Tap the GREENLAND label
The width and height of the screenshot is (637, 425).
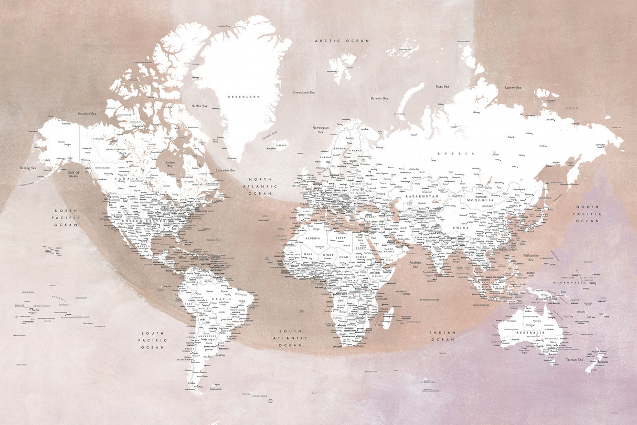pyautogui.click(x=243, y=97)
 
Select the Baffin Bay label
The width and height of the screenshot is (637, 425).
pyautogui.click(x=200, y=106)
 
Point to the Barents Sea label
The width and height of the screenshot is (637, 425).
pyautogui.click(x=379, y=98)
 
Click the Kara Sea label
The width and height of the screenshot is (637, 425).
pyautogui.click(x=442, y=86)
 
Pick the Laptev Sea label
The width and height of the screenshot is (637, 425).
pyautogui.click(x=513, y=88)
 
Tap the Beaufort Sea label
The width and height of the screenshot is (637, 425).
pyautogui.click(x=87, y=113)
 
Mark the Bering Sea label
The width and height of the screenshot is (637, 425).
pyautogui.click(x=28, y=168)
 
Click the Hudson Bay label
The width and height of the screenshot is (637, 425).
pyautogui.click(x=170, y=164)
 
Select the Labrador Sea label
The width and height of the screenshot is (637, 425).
pyautogui.click(x=226, y=170)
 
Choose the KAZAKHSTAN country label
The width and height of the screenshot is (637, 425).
pyautogui.click(x=421, y=196)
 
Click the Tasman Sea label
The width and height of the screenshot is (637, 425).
pyautogui.click(x=574, y=360)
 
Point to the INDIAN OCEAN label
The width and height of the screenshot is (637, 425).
pyautogui.click(x=443, y=336)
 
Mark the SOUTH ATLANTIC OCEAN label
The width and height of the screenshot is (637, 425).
pyautogui.click(x=290, y=338)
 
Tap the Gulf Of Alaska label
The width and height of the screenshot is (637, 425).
pyautogui.click(x=73, y=175)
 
